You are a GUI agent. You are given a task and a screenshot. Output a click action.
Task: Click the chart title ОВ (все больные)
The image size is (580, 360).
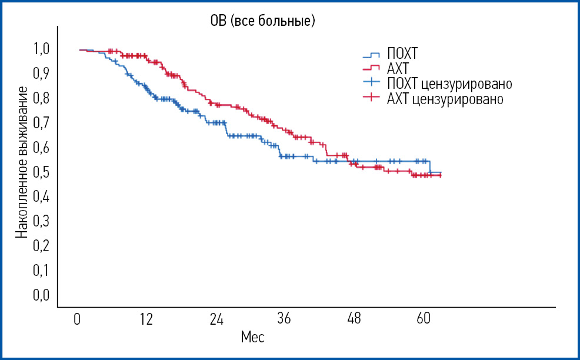(x=263, y=21)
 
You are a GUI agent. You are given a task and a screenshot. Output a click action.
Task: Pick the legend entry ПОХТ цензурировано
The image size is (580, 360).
(x=449, y=83)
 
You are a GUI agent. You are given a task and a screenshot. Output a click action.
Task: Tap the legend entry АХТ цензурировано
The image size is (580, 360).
(x=445, y=99)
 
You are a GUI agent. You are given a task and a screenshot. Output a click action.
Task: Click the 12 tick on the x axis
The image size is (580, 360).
(x=146, y=319)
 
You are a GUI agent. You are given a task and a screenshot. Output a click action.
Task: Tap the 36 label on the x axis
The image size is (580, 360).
(x=285, y=319)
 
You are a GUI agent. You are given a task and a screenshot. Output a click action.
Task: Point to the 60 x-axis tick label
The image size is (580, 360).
(x=424, y=319)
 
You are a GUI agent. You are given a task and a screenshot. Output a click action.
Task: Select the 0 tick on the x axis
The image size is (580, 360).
(x=77, y=319)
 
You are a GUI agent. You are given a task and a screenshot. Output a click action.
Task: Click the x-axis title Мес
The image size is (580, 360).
(x=252, y=338)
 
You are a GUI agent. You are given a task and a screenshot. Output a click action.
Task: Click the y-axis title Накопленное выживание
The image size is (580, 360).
(x=21, y=162)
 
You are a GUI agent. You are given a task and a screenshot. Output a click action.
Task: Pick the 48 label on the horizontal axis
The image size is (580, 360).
(x=354, y=319)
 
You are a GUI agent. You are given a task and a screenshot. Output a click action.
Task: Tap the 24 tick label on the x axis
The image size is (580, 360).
(x=216, y=319)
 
